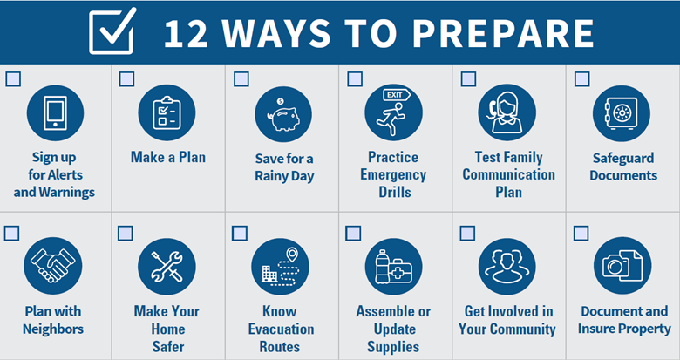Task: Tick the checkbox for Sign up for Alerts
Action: click(x=13, y=79)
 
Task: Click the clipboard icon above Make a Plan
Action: click(x=167, y=113)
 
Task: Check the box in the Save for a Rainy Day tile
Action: click(x=241, y=79)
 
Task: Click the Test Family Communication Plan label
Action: click(x=508, y=174)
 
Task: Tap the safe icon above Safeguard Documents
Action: click(x=621, y=113)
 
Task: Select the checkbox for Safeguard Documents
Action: click(x=581, y=79)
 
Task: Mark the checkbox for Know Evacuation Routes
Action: click(x=240, y=234)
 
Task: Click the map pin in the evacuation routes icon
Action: click(x=292, y=255)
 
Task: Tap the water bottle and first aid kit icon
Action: click(x=393, y=267)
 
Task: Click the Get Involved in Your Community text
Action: click(x=507, y=320)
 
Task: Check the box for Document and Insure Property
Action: click(x=581, y=234)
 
